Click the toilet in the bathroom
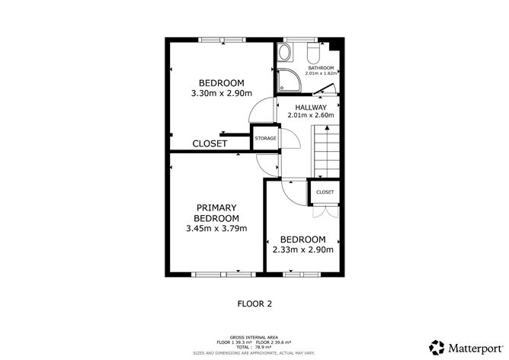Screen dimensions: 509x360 (x=314, y=53)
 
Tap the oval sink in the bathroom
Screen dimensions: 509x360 (x=285, y=53)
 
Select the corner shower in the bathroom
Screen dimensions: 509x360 (x=289, y=79)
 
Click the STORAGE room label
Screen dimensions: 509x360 (x=265, y=138)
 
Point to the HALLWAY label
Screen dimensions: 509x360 (x=311, y=108)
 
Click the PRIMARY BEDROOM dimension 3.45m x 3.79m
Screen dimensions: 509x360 (x=216, y=228)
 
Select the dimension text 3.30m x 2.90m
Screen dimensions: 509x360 (x=222, y=93)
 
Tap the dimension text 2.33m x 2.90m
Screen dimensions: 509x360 (x=303, y=249)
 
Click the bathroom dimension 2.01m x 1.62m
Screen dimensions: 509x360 (x=321, y=73)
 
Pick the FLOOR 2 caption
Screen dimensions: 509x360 (x=254, y=304)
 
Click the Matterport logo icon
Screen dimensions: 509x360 (x=437, y=347)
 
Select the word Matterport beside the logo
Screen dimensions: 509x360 (x=475, y=349)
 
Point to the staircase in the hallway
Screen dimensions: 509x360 (x=326, y=152)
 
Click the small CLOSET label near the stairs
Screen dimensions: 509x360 (x=325, y=192)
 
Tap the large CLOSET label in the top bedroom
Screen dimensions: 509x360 (x=210, y=143)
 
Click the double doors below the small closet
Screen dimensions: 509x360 (x=325, y=212)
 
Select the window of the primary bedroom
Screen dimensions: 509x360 (x=224, y=275)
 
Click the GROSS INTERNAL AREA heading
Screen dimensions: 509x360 (x=254, y=338)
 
